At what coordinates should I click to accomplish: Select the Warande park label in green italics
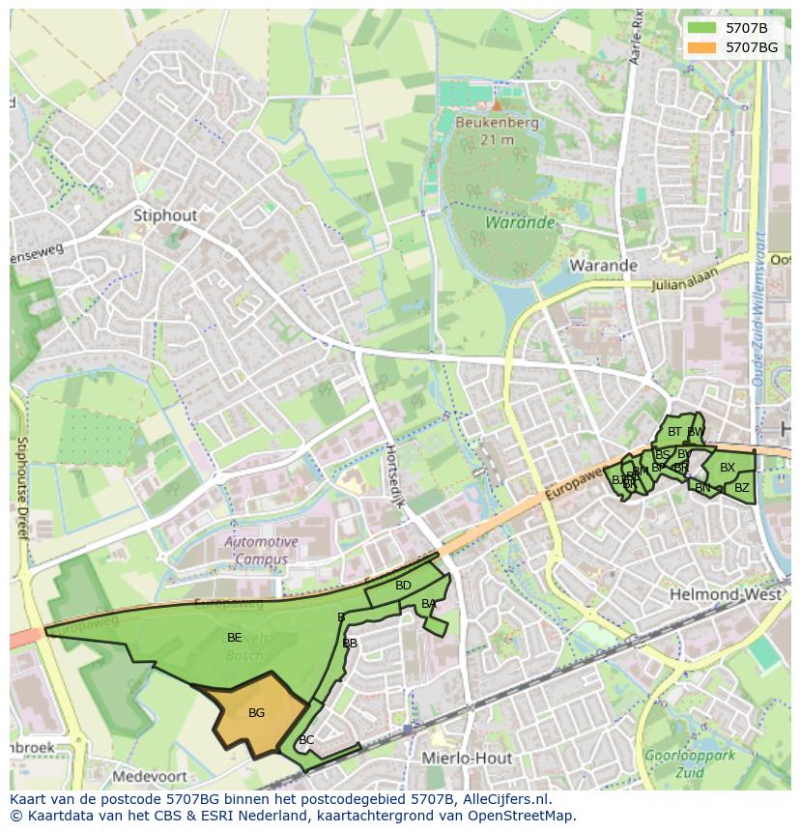(520, 222)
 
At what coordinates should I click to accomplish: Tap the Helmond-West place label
(725, 594)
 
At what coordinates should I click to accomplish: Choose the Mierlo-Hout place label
(467, 759)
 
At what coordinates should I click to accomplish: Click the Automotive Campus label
(261, 551)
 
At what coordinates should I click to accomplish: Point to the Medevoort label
(148, 776)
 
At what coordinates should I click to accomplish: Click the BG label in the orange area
(256, 713)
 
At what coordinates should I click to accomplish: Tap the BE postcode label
(234, 638)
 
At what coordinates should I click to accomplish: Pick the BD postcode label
(403, 586)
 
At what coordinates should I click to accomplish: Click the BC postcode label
(306, 740)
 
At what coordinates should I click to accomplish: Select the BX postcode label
(728, 468)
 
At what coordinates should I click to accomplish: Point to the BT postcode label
(674, 432)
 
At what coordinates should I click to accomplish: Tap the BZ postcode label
(741, 488)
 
